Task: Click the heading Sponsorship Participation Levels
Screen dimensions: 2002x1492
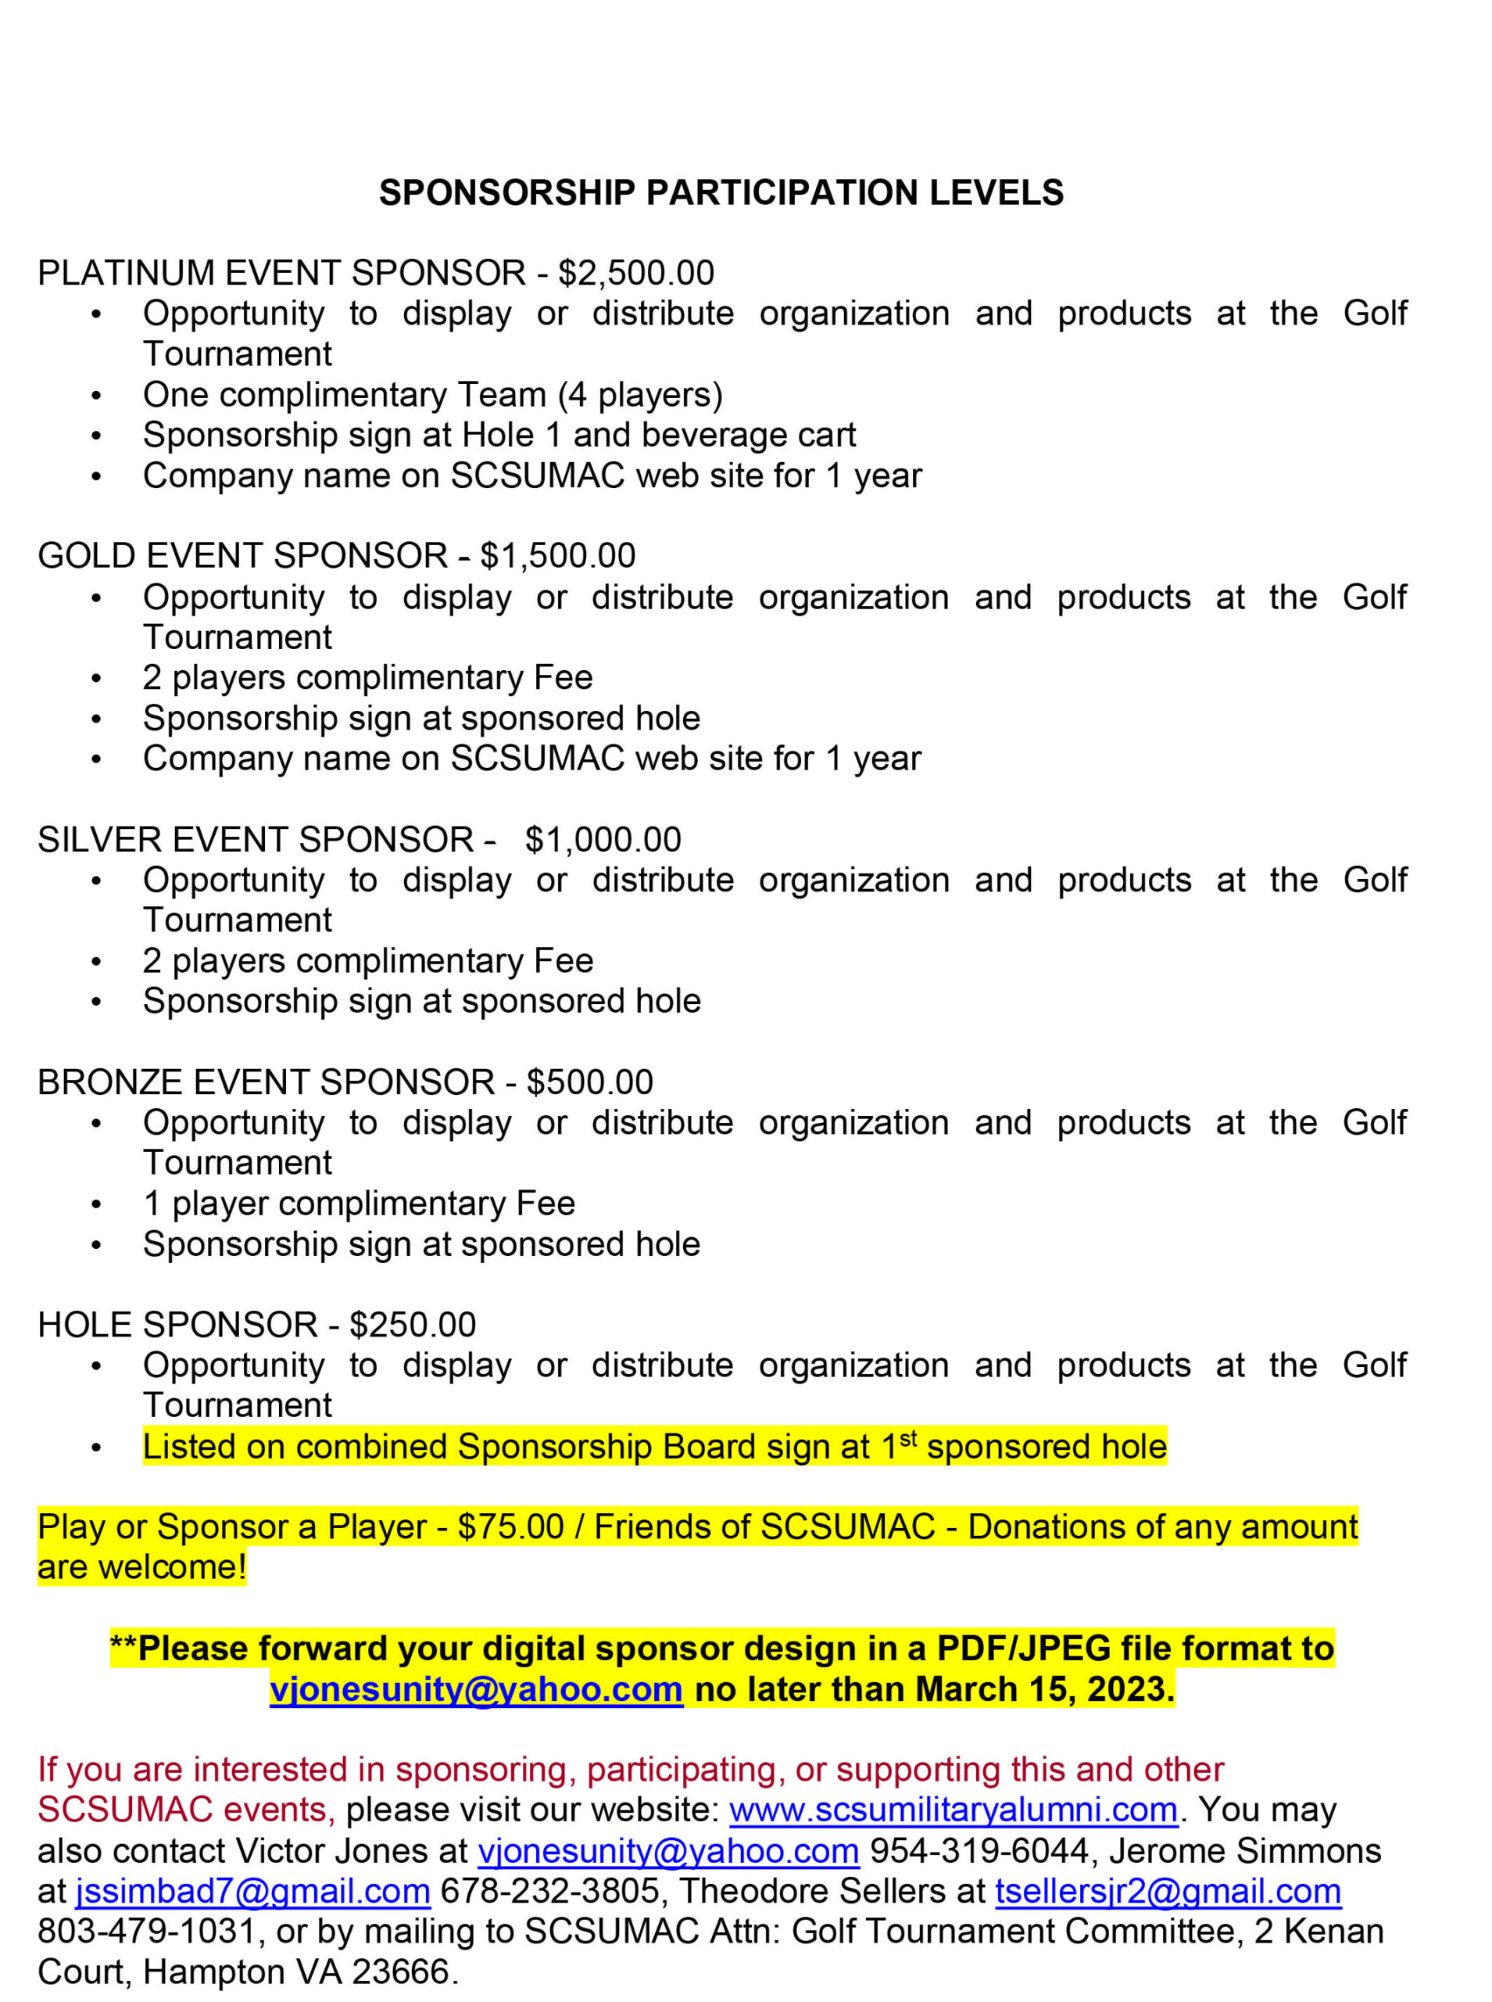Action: click(x=721, y=192)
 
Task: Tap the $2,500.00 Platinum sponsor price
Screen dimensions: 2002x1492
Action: click(x=636, y=273)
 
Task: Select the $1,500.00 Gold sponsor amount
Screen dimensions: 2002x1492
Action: click(x=557, y=555)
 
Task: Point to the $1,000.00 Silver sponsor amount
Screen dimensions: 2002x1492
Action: click(x=603, y=839)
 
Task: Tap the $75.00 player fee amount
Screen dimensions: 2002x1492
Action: click(x=510, y=1526)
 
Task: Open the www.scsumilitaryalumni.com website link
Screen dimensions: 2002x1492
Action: click(x=953, y=1810)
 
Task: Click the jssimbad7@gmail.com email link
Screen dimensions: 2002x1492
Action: click(x=253, y=1890)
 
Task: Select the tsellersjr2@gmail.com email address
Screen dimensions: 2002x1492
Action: click(x=1168, y=1890)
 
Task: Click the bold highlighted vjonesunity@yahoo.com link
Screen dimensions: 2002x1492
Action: click(x=476, y=1688)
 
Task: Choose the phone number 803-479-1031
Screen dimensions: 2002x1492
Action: click(x=146, y=1931)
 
